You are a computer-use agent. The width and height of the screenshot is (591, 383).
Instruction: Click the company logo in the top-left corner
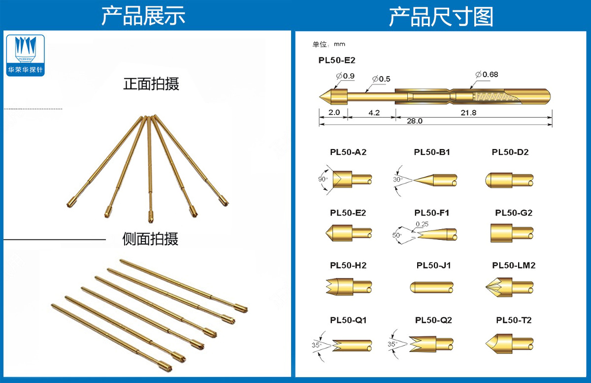(x=26, y=55)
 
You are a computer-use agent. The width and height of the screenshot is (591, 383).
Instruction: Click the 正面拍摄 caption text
(x=151, y=84)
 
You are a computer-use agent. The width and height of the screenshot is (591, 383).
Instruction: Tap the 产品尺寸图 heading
(x=441, y=17)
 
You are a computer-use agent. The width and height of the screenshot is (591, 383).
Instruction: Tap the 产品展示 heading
(x=144, y=17)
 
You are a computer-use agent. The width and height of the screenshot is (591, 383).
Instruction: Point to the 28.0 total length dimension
(x=414, y=121)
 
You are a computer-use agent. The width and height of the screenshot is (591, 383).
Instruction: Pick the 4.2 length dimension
(x=374, y=113)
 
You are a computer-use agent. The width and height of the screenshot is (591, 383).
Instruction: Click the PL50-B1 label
(x=432, y=152)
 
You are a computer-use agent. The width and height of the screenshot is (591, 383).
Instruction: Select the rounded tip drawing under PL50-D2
(x=509, y=180)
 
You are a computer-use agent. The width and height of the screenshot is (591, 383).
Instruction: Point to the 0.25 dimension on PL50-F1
(x=422, y=224)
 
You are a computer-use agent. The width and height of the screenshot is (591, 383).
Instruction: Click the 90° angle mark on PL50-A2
(x=323, y=179)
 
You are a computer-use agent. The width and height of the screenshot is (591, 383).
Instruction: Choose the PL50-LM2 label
(x=514, y=265)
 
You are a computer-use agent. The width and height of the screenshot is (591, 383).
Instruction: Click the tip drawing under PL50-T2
(x=509, y=341)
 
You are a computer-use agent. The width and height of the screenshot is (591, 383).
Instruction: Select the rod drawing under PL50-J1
(x=432, y=287)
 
